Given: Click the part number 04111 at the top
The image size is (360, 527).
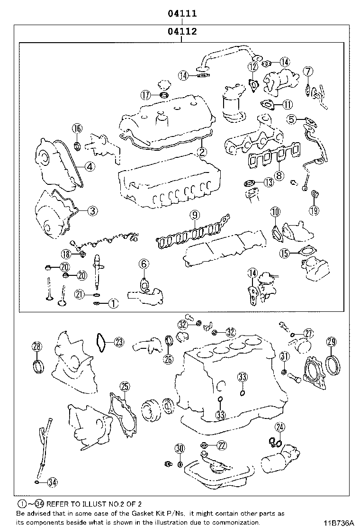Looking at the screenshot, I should tap(182, 14).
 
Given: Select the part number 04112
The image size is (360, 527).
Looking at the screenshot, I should tap(182, 32).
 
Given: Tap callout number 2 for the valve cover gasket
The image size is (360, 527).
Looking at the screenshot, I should tap(202, 152).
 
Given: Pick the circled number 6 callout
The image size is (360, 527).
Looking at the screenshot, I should tap(144, 264).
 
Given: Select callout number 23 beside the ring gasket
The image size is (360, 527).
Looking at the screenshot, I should tap(118, 341).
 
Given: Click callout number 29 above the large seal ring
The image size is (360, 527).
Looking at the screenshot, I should tap(332, 342).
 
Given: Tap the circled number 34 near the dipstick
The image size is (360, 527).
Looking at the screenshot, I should tap(53, 482).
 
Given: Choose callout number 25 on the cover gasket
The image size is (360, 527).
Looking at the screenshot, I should tap(124, 387).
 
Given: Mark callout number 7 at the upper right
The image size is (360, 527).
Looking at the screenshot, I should tap(308, 72).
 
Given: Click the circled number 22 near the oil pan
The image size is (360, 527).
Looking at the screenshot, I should tap(222, 445).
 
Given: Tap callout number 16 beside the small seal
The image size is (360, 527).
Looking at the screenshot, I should tap(77, 128).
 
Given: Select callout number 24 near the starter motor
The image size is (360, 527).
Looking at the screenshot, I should tap(280, 428).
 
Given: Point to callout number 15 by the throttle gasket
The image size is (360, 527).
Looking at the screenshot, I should tap(284, 254).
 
